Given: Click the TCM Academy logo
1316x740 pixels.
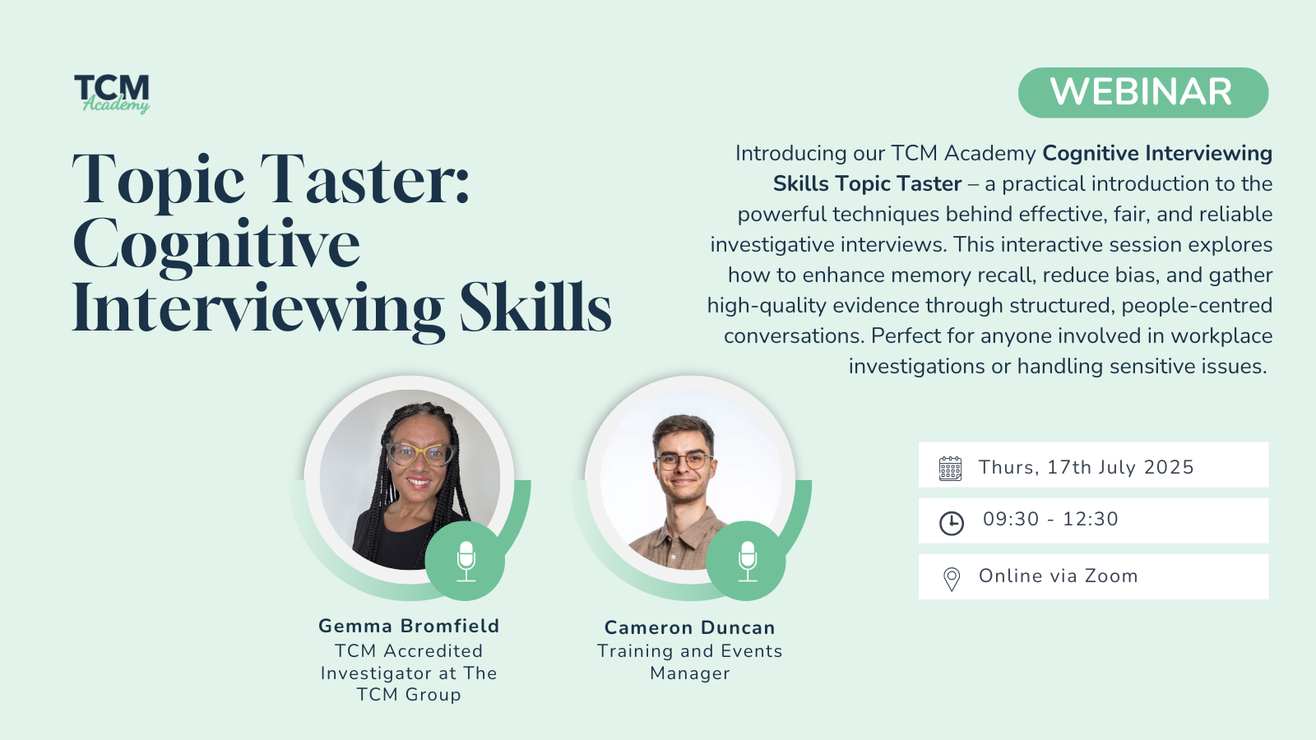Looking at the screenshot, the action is click(x=112, y=94).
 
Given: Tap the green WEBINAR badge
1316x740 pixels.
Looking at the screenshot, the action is click(x=1142, y=93).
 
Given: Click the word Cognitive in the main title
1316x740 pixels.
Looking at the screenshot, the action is click(x=216, y=247).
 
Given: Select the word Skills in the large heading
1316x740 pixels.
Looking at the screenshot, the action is click(x=535, y=308).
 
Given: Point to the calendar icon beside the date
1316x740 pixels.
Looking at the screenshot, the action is click(x=950, y=469).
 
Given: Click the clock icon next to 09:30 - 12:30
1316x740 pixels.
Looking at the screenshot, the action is click(x=951, y=523).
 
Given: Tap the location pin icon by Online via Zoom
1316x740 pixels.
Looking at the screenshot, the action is click(x=951, y=579).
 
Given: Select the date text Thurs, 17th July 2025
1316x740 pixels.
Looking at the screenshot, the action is click(x=1087, y=467).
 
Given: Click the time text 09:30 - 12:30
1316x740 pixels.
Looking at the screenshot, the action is click(x=1050, y=519).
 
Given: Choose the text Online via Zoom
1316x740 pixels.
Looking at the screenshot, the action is click(x=1058, y=576).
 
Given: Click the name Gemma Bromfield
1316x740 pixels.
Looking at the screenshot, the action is click(x=409, y=626).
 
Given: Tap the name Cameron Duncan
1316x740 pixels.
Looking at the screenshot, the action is click(x=690, y=627).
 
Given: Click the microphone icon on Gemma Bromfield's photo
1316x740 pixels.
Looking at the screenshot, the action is click(x=466, y=562).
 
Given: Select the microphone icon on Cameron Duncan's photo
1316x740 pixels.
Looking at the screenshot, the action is click(x=748, y=562).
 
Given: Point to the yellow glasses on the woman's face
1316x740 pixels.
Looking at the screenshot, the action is click(x=419, y=454).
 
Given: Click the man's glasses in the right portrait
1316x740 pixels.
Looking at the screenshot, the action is click(x=683, y=461).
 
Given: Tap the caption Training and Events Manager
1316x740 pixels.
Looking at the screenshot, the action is click(x=690, y=662).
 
